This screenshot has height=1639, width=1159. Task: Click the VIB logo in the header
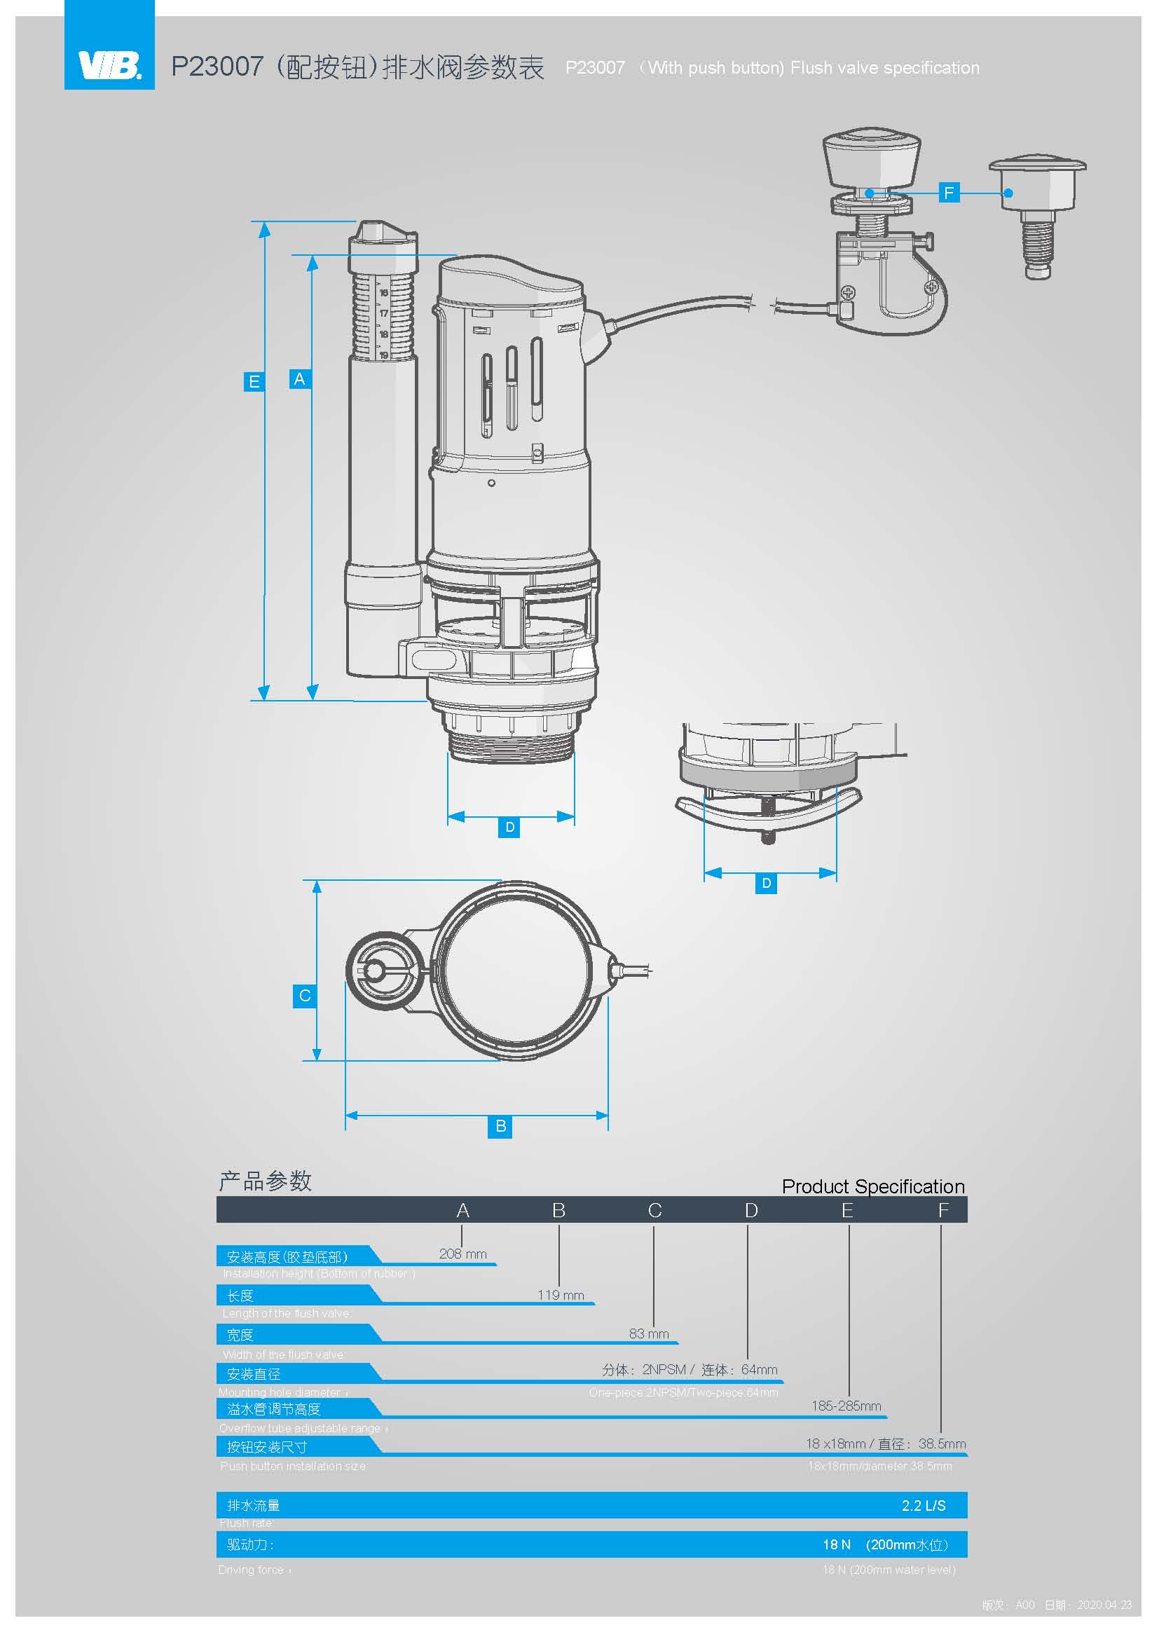point(109,65)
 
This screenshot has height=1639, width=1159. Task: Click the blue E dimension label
point(254,382)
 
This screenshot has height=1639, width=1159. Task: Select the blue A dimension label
point(299,379)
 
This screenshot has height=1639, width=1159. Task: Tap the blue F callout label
point(949,193)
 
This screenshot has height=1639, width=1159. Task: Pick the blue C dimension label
point(305,996)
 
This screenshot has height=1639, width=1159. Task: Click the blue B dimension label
point(500,1126)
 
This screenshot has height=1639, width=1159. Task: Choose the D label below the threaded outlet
point(509,828)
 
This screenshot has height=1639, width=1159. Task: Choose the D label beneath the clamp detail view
point(766,883)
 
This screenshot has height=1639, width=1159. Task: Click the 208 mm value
point(462,1254)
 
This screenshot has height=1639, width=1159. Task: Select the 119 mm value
point(561,1295)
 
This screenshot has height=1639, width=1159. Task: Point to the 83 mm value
point(648,1333)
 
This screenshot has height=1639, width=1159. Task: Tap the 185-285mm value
point(846,1406)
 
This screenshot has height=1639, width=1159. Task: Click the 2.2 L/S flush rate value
point(923,1505)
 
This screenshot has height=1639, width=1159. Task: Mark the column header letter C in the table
point(654,1210)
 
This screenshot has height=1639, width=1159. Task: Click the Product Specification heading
point(873,1186)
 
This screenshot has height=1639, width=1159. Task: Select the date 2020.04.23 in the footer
point(1104,1605)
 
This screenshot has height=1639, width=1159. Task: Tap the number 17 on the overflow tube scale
point(383,313)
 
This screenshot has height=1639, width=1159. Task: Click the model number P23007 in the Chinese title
point(217,67)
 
